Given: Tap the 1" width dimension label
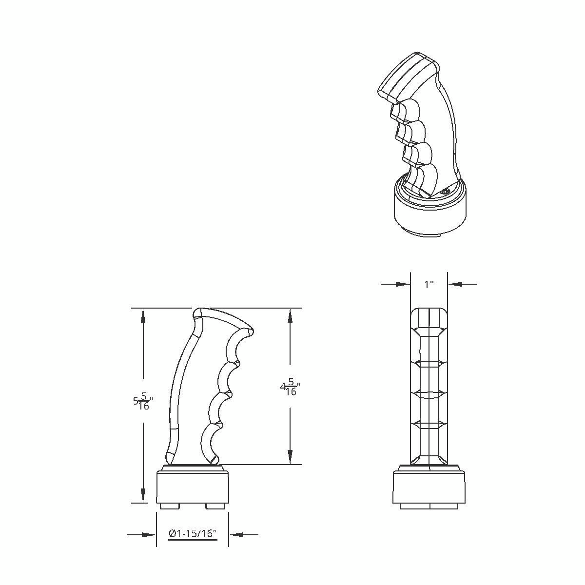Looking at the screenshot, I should click(x=429, y=284).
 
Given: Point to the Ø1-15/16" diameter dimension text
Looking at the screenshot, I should click(x=192, y=534).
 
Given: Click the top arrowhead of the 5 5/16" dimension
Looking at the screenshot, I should click(x=143, y=315).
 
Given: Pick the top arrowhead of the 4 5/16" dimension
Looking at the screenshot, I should click(x=290, y=315).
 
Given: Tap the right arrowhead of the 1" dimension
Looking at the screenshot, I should click(x=455, y=284).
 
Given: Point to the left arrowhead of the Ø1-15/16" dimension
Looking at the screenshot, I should click(x=149, y=535).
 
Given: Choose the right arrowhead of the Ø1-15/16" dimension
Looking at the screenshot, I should click(x=236, y=535).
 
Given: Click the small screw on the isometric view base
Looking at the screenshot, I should click(x=444, y=193).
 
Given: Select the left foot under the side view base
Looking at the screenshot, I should click(x=169, y=506).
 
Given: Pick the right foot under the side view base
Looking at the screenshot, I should click(x=215, y=506).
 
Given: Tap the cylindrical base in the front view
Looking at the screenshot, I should click(x=429, y=487).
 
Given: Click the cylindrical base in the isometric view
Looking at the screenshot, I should click(x=429, y=214).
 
